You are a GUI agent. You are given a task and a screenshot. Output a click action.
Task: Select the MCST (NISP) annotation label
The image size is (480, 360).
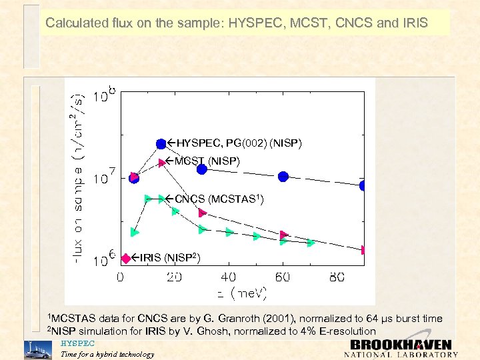[x=207, y=161]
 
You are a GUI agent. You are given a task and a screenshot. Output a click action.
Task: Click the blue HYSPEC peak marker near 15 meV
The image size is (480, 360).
[x=161, y=144]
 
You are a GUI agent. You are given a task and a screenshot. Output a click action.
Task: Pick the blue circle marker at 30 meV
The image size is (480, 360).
[x=202, y=169]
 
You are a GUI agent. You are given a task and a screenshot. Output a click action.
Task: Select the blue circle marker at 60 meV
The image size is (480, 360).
[x=283, y=177]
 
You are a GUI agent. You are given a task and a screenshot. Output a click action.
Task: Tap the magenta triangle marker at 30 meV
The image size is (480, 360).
[x=203, y=213]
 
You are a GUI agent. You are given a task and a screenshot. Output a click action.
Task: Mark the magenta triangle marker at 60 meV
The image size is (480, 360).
[x=284, y=235]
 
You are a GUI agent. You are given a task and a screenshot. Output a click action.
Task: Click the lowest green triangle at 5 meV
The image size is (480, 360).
[x=135, y=232]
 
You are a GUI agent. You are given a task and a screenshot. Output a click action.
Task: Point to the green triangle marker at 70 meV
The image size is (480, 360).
[x=311, y=243]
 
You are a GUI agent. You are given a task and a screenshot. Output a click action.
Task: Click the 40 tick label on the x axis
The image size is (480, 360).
[x=228, y=277]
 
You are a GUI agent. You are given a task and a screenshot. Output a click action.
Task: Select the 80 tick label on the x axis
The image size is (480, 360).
[x=337, y=277]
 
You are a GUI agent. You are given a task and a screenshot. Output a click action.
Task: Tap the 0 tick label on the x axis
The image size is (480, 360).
[x=121, y=277]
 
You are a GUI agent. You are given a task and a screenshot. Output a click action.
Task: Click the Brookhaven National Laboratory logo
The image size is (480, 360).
[x=400, y=349]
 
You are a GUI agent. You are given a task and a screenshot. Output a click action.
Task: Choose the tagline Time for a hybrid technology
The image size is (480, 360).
[x=107, y=355]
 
